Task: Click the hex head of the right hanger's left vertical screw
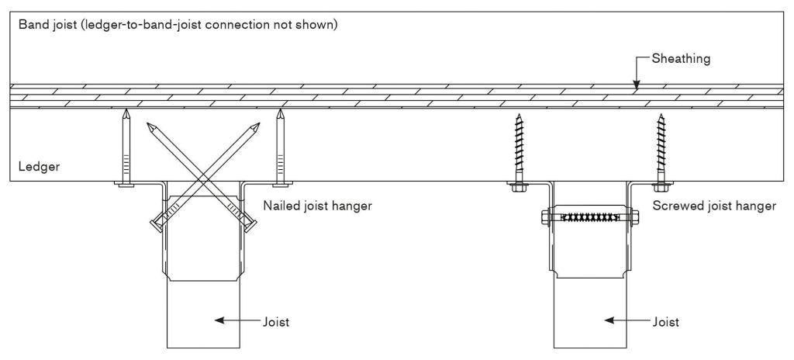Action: coord(518,185)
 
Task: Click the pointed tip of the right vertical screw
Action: coord(661,116)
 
